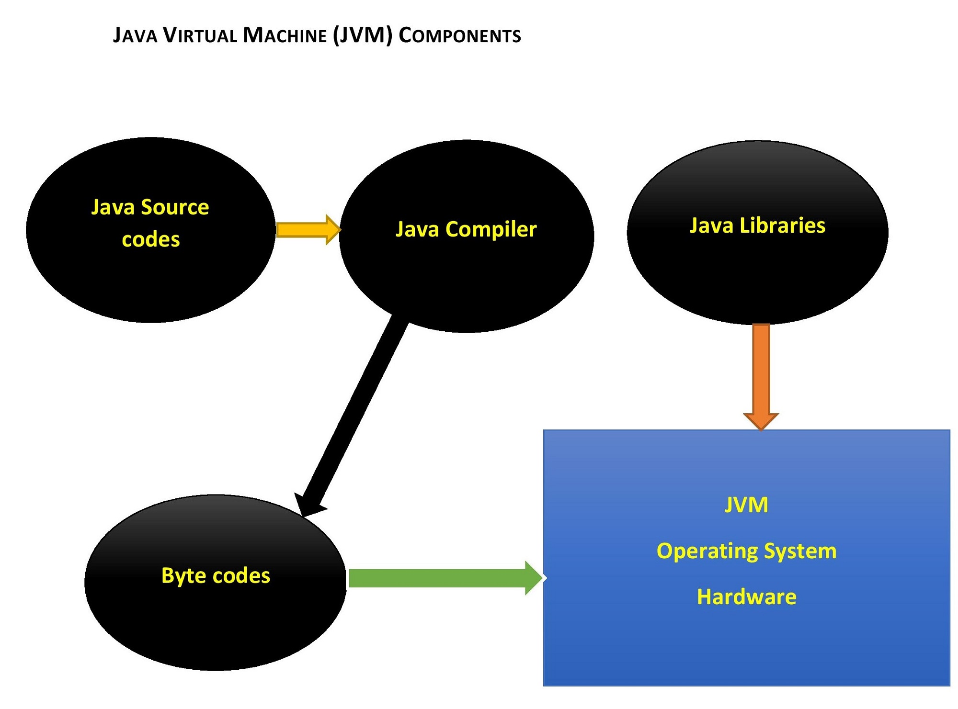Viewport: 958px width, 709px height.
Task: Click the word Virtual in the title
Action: pos(200,36)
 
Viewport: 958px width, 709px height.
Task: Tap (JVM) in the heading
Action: pos(363,36)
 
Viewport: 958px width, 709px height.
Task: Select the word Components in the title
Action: pos(459,36)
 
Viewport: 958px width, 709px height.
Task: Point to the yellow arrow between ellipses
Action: pos(307,230)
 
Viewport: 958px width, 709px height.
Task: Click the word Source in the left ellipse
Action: pos(175,207)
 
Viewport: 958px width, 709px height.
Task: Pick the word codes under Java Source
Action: pos(151,239)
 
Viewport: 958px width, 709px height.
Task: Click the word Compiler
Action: pos(491,229)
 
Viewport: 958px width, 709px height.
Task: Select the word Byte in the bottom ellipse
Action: pos(180,575)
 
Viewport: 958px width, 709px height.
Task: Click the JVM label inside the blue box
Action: pos(746,505)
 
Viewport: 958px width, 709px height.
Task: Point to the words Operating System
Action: pos(746,551)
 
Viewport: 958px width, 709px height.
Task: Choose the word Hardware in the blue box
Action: pos(746,597)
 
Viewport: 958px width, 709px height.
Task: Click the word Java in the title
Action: pos(135,36)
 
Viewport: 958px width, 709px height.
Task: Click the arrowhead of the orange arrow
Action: pos(761,421)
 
